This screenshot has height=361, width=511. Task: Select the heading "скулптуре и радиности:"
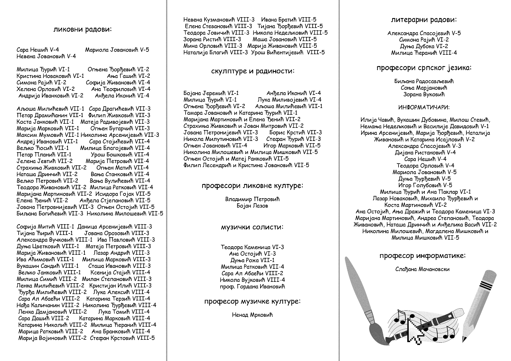click(252, 71)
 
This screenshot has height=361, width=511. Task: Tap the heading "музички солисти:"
click(252, 227)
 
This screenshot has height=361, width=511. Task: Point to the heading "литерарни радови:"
click(424, 20)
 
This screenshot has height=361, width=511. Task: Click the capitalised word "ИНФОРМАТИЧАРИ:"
click(424, 107)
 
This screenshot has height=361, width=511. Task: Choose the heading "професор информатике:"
click(422, 256)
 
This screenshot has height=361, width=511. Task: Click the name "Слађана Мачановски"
click(422, 269)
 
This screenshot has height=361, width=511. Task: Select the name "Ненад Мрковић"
click(252, 315)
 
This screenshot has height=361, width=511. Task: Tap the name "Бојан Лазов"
click(252, 206)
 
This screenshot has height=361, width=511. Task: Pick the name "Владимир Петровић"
click(252, 199)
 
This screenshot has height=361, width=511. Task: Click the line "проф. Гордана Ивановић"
click(252, 286)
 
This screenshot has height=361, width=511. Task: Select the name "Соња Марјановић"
click(424, 88)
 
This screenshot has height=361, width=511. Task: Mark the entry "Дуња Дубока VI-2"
click(424, 46)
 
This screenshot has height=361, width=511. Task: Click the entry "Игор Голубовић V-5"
click(425, 185)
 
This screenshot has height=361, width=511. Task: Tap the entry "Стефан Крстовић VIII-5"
click(122, 338)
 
